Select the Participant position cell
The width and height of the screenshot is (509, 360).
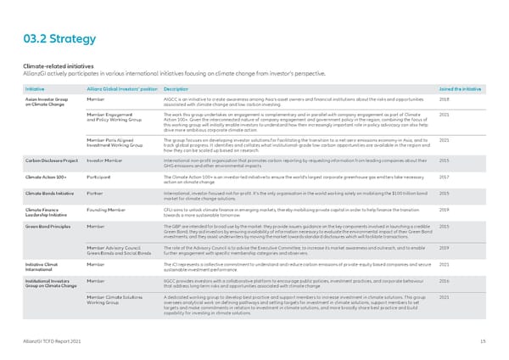coord(101,177)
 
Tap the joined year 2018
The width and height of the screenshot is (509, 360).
coord(445,98)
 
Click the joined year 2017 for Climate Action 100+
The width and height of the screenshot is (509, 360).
coord(445,177)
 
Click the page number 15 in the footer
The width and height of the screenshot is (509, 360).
coord(481,340)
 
